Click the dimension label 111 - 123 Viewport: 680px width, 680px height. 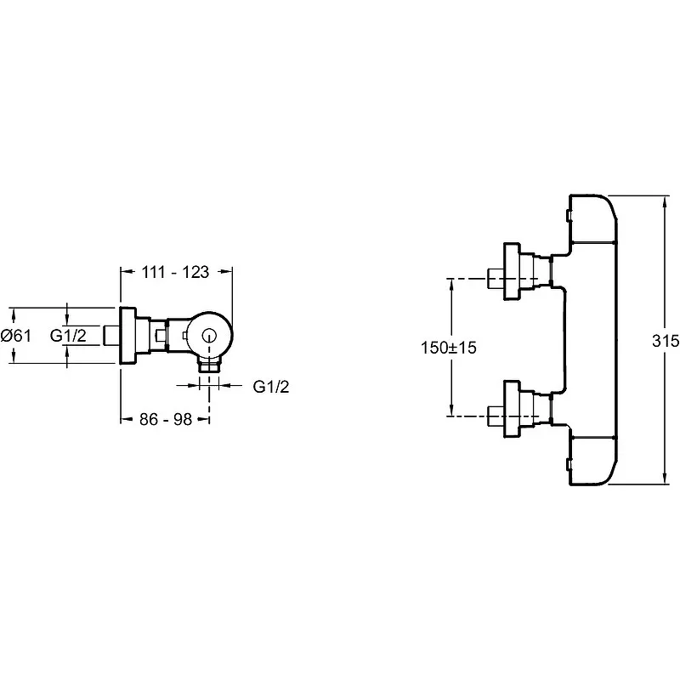point(175,272)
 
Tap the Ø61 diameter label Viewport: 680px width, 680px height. point(16,335)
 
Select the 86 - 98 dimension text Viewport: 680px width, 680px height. point(166,419)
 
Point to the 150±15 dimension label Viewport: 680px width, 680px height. point(449,348)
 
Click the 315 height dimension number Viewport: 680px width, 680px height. point(666,341)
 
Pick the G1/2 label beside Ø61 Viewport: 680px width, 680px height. point(68,335)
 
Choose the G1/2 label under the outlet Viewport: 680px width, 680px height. point(271,387)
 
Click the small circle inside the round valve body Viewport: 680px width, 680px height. point(209,336)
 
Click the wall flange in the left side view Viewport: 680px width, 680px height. point(127,336)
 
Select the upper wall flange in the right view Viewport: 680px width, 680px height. point(512,271)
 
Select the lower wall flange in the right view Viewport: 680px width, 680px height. point(512,409)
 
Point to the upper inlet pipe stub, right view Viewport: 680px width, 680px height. point(496,279)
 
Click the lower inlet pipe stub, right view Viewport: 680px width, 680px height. point(496,416)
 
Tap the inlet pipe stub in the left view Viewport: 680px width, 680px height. point(111,336)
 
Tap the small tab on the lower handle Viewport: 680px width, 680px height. point(569,466)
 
